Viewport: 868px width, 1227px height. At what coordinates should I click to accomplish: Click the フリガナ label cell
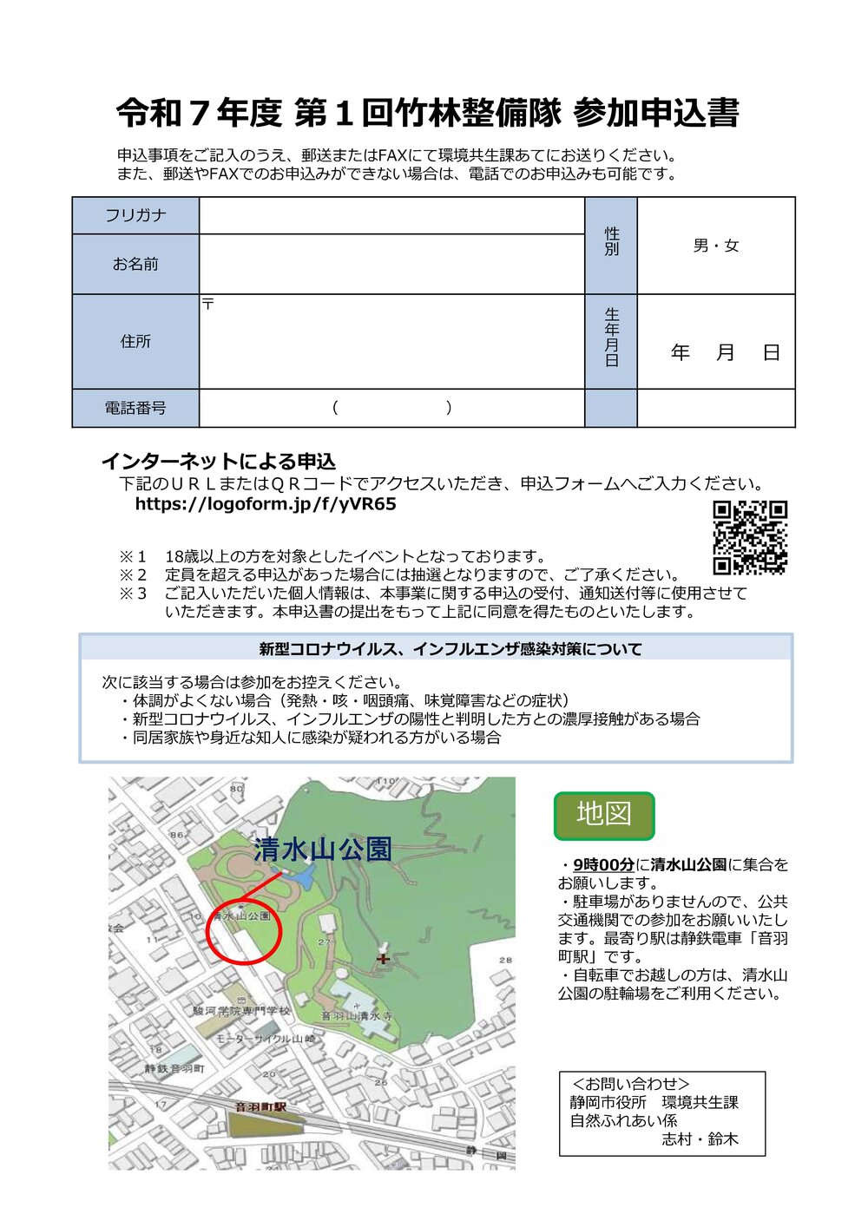pos(135,215)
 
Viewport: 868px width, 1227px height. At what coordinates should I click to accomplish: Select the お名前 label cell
pos(135,264)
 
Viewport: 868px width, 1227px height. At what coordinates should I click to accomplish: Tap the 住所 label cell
pos(135,341)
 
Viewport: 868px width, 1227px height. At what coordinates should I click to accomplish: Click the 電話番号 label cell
pos(135,408)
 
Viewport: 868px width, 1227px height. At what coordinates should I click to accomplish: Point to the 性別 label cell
pos(611,242)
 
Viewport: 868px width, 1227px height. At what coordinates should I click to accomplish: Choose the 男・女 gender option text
pos(716,246)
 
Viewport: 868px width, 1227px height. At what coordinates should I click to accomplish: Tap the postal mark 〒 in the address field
pos(208,304)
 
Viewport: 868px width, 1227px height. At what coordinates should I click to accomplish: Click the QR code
pos(750,538)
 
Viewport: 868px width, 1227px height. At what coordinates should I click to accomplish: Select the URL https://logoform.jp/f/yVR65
pos(266,504)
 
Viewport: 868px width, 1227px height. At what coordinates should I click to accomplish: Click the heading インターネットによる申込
pos(219,461)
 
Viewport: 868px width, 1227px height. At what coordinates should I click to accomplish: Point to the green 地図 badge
pos(604,815)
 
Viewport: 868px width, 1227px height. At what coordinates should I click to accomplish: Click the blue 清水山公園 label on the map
pos(323,849)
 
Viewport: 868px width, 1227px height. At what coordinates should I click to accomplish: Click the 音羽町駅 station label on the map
pos(260,1107)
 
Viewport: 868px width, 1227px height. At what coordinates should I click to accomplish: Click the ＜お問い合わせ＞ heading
pos(631,1084)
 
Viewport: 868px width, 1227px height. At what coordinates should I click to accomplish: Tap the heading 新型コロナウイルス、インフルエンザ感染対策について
pos(450,649)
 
